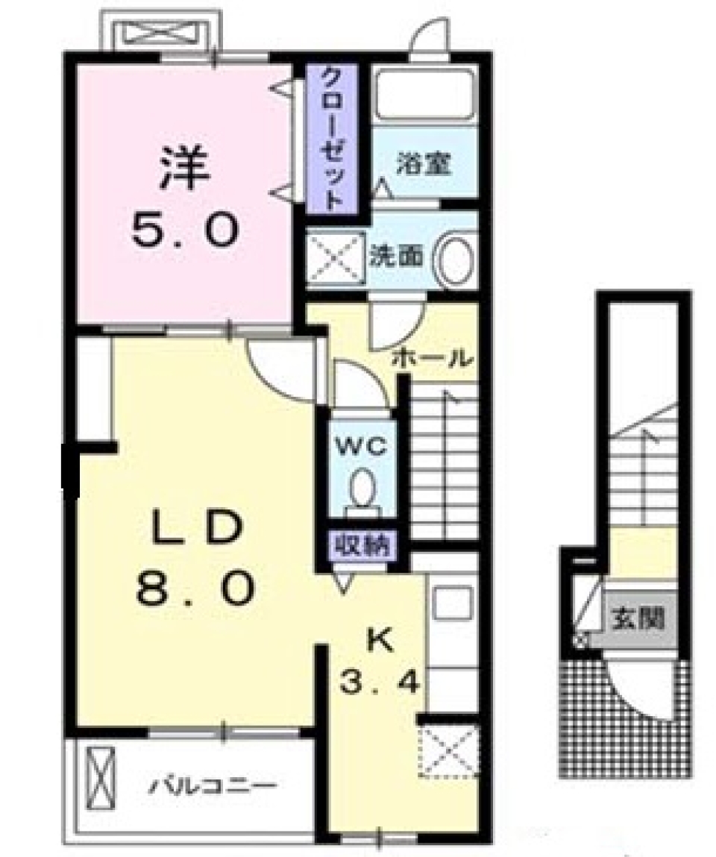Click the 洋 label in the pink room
[183, 172]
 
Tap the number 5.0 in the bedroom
[184, 230]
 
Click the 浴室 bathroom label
[424, 163]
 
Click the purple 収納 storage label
[362, 545]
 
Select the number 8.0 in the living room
[195, 590]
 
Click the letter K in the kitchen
[380, 640]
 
